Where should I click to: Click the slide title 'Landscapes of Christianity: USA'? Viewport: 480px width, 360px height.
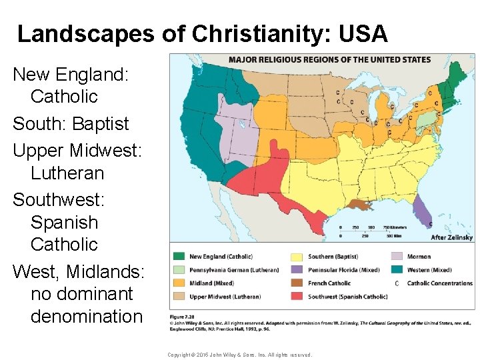(x=202, y=34)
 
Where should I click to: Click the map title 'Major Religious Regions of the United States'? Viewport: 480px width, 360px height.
(x=329, y=59)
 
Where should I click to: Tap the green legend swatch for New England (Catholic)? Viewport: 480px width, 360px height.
(x=179, y=257)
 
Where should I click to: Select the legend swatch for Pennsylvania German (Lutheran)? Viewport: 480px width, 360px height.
(x=179, y=270)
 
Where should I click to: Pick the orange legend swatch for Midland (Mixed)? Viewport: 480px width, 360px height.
(x=179, y=283)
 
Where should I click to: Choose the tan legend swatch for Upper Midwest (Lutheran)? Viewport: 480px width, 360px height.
(x=179, y=297)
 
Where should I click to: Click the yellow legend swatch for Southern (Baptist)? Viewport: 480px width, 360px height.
(x=296, y=257)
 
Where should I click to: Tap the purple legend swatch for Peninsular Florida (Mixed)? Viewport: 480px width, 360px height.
(x=296, y=270)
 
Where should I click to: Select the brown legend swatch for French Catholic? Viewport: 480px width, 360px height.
(x=296, y=283)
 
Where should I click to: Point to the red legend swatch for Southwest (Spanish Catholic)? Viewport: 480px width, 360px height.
(x=296, y=297)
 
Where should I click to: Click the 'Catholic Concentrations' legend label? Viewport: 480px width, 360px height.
(x=440, y=283)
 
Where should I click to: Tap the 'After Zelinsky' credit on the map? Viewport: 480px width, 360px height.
(x=452, y=237)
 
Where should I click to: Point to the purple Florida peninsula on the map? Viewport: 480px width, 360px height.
(x=422, y=212)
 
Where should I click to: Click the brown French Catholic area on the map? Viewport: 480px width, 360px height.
(x=360, y=205)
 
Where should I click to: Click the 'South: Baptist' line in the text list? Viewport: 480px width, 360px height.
(x=71, y=124)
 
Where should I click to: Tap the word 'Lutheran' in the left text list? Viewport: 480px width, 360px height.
(x=67, y=173)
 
